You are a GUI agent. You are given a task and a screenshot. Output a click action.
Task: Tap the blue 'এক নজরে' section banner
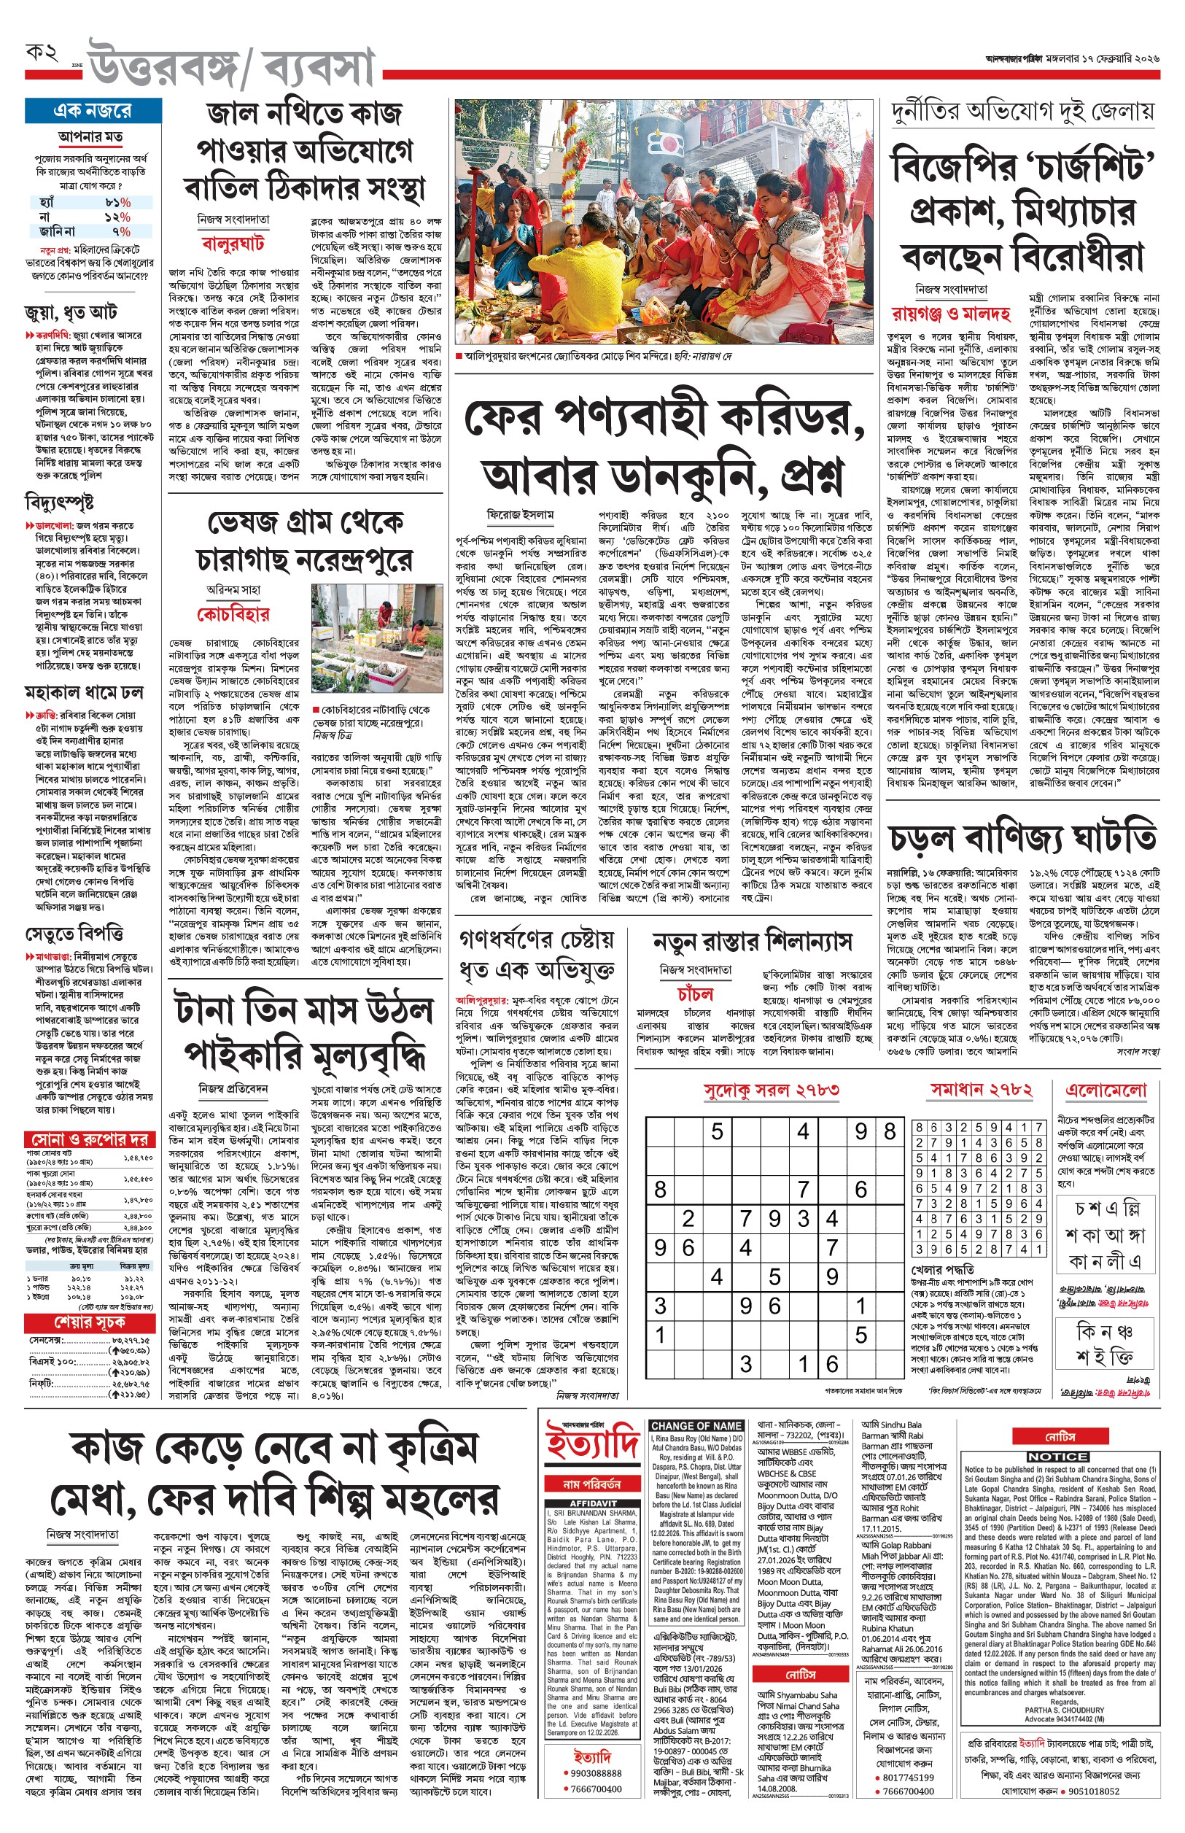pos(93,111)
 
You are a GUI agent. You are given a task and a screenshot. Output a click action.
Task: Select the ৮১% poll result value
pos(117,202)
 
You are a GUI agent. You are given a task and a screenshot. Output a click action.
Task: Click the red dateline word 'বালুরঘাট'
pos(233,244)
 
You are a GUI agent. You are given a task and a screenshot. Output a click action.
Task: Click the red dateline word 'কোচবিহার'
pos(233,614)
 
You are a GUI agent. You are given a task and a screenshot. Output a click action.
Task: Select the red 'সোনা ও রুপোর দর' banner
pos(88,1139)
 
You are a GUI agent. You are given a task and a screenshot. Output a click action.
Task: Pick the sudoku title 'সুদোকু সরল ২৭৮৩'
pos(771,1090)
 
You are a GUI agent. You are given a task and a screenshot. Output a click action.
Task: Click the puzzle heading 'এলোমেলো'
pos(1106,1090)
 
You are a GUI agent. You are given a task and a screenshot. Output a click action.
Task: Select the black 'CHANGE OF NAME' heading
pos(696,1426)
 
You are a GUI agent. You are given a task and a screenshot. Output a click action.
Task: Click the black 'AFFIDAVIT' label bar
pos(591,1503)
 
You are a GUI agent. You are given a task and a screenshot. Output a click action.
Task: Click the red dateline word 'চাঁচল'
pos(695,993)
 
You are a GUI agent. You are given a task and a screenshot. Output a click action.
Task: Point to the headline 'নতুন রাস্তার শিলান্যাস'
pos(752,942)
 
